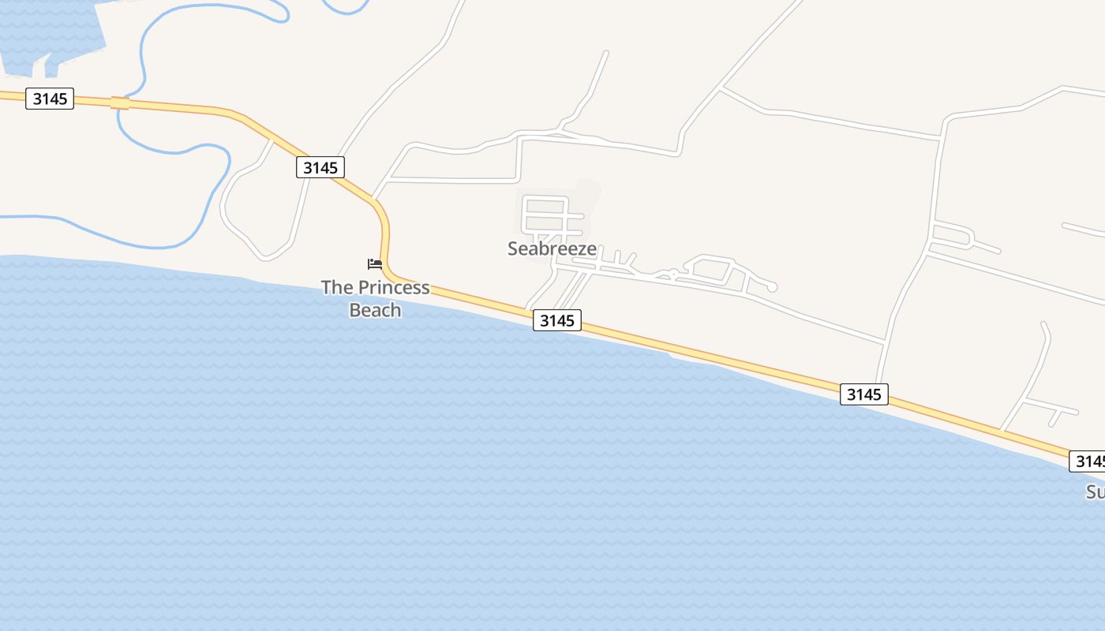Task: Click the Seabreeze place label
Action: (552, 248)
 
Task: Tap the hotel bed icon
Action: (375, 263)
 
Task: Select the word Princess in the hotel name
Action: (394, 287)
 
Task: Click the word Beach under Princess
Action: (375, 310)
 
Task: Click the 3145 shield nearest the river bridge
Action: (50, 99)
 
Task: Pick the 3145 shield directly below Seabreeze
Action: (556, 320)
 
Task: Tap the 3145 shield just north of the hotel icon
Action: (320, 167)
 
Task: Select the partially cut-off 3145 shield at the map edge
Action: (1088, 461)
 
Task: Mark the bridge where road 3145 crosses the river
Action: (120, 103)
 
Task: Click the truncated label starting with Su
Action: (1095, 492)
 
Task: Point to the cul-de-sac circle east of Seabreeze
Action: (772, 287)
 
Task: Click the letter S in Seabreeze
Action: (514, 248)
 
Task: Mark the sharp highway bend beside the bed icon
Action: (384, 225)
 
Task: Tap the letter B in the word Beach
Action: (355, 310)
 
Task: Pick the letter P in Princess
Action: (364, 287)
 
